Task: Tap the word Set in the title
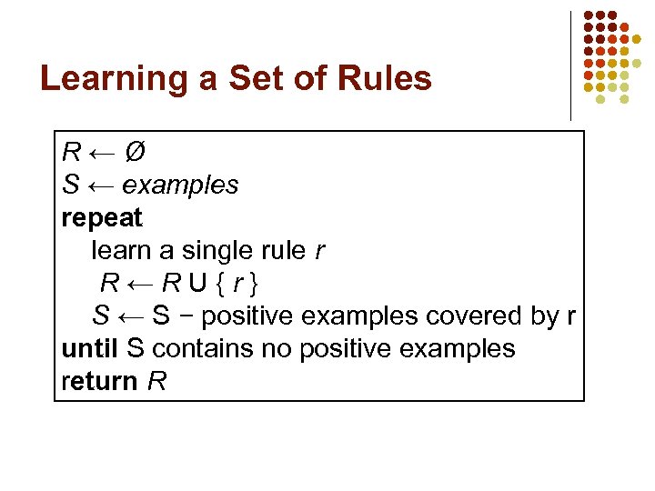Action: (253, 79)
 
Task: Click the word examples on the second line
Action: (180, 185)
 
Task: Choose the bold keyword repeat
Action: (102, 218)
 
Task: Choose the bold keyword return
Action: (98, 381)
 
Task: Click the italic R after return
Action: (156, 381)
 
